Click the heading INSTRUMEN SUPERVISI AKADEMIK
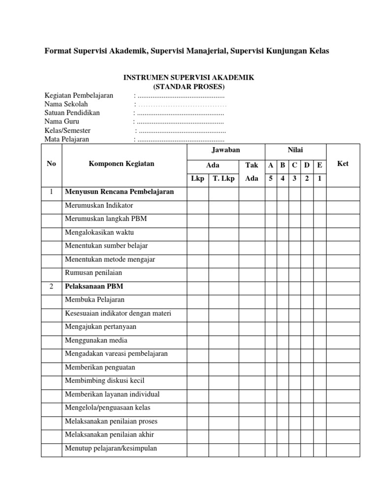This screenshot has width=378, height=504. [x=189, y=78]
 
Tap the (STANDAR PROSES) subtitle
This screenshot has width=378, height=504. [x=189, y=87]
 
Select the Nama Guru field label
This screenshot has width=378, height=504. [x=62, y=121]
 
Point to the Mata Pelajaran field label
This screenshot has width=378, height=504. [x=67, y=139]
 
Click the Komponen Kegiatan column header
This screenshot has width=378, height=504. [x=121, y=164]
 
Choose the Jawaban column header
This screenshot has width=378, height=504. [x=225, y=150]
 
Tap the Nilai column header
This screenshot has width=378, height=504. [x=295, y=150]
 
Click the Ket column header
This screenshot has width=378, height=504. [x=343, y=164]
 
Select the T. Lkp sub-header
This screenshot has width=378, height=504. [x=223, y=179]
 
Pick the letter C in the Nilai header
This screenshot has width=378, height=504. [x=294, y=165]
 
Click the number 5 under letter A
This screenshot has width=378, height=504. [x=270, y=179]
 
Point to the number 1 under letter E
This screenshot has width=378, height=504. [x=319, y=179]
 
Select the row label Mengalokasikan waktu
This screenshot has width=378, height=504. [x=99, y=232]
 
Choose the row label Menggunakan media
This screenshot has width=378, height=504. [x=96, y=340]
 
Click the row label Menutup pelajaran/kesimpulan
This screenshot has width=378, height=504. [x=111, y=448]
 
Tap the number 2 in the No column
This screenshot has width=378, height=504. [x=51, y=286]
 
